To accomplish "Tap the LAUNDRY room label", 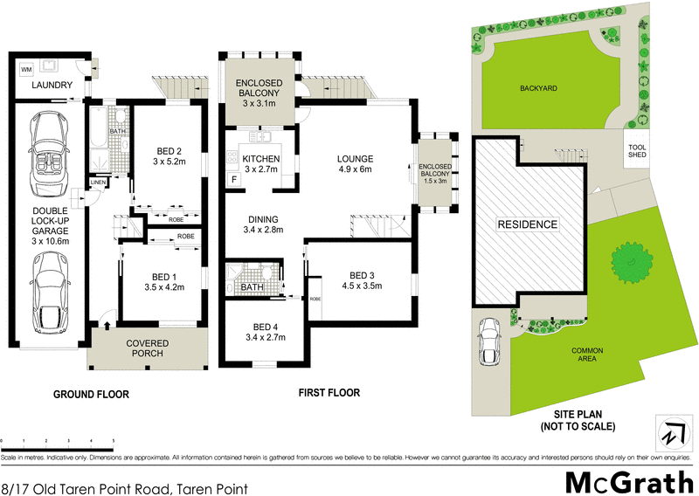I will click(x=51, y=86).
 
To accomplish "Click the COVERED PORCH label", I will click(x=147, y=348).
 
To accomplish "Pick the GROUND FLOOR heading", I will click(x=91, y=395).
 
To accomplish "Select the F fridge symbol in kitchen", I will click(x=234, y=180).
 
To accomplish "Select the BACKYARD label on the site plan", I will click(x=537, y=88).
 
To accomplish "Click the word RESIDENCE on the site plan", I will click(x=528, y=224).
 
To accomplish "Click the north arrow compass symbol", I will click(x=672, y=431).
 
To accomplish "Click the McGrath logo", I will click(x=628, y=481).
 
